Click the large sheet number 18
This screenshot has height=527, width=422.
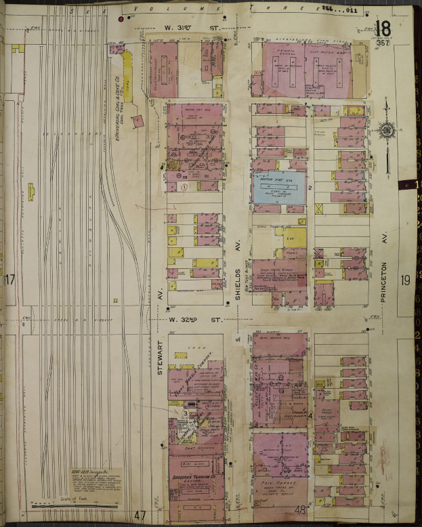pos(383,29)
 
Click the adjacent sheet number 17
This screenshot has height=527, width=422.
pos(9,280)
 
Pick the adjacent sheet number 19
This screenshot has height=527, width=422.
pos(406,279)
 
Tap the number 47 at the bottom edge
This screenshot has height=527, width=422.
pos(140,515)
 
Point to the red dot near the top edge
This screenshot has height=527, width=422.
pos(121,19)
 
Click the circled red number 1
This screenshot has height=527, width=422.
pos(184,186)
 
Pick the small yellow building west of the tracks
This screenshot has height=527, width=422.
pos(30,192)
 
